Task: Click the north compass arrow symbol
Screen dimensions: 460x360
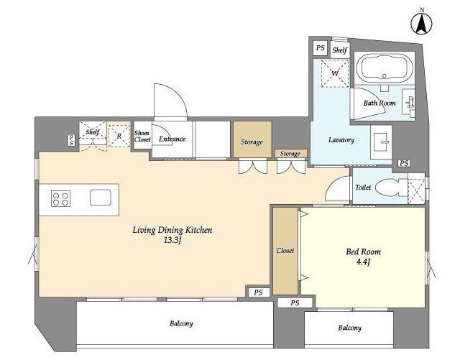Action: coord(422,24)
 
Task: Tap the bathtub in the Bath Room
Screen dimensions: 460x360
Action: coord(385,68)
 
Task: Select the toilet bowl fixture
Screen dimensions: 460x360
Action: coord(391,188)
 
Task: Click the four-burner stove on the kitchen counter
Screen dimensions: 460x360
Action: coord(60,198)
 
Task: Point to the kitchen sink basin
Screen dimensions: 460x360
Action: coord(101,197)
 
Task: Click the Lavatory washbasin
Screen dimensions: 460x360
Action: coord(381,142)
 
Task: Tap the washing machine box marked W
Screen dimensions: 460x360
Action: coord(335,73)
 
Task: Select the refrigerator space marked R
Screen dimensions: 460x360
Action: coord(119,136)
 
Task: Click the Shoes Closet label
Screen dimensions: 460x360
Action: coord(142,136)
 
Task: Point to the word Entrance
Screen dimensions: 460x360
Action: coord(172,139)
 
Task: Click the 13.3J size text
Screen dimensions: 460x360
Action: coord(172,241)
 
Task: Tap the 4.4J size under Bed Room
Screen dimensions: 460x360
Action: coord(363,262)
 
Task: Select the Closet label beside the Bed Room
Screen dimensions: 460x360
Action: coord(285,251)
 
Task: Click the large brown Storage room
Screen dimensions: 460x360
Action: coord(252,139)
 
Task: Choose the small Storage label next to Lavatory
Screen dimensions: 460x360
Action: coord(290,154)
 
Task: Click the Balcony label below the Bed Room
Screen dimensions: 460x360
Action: coord(350,328)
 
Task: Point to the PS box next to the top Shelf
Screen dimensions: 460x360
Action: coord(321,48)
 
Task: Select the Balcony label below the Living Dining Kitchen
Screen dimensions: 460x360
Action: coord(181,323)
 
